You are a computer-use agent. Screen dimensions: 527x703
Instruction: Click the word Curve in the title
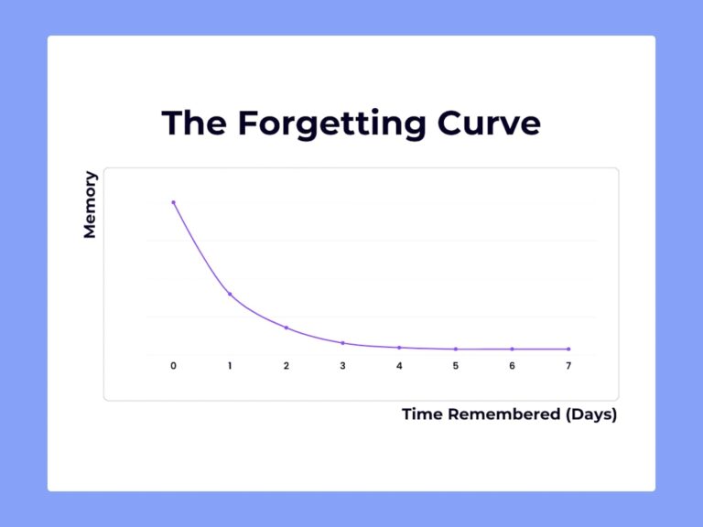[x=488, y=123]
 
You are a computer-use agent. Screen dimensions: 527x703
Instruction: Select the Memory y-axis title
[x=90, y=204]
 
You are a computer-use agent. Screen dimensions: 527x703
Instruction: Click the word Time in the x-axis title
[x=423, y=414]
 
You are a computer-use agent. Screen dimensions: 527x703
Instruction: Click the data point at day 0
[x=173, y=202]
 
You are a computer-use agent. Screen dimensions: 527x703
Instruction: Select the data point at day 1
[x=230, y=295]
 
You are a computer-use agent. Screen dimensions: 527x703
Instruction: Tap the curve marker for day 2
[x=287, y=328]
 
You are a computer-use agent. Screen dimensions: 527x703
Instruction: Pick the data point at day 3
[x=342, y=343]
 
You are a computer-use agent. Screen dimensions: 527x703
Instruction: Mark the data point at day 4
[x=399, y=348]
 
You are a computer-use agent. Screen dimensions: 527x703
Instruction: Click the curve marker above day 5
[x=456, y=350]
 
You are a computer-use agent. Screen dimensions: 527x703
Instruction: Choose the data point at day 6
[x=512, y=350]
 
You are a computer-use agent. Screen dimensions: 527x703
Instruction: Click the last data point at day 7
[x=568, y=350]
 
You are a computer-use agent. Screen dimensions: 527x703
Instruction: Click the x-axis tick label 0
[x=173, y=366]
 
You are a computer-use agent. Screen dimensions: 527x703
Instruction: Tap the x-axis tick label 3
[x=342, y=366]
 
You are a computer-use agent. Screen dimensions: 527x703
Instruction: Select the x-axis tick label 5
[x=456, y=366]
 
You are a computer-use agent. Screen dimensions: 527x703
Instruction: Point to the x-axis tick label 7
[x=568, y=366]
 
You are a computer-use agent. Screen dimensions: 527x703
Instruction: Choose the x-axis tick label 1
[x=230, y=366]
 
